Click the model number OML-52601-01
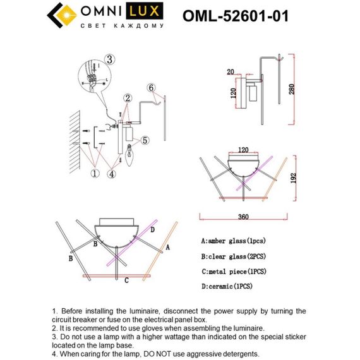point(235,16)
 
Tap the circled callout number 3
point(109,61)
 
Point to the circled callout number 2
point(128,98)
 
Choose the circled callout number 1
point(95,171)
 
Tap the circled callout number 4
point(112,171)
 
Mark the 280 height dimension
point(291,89)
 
